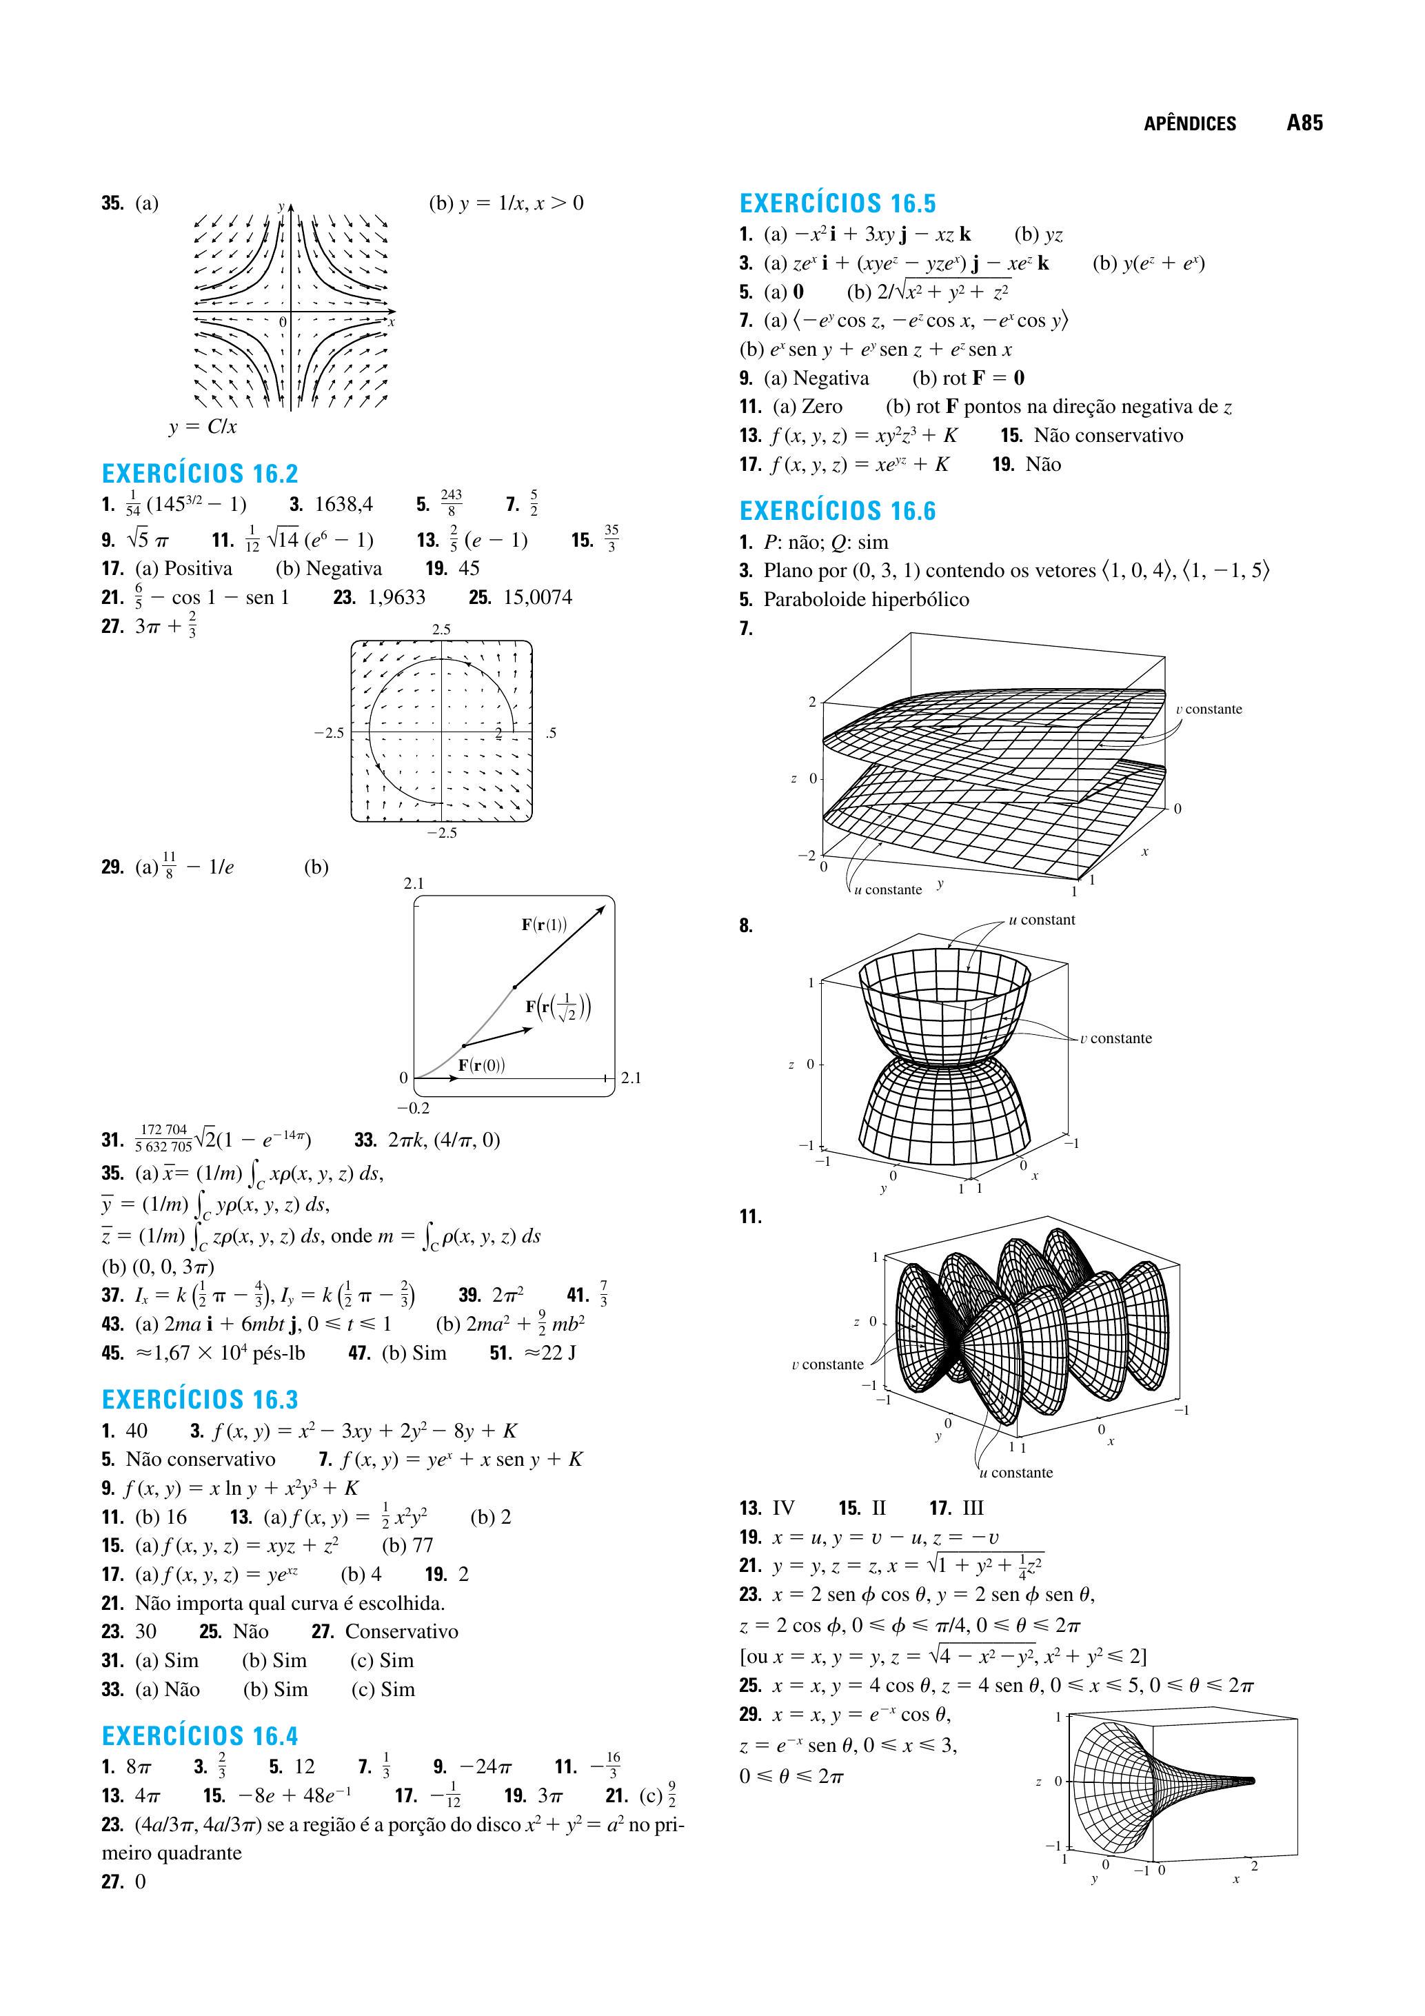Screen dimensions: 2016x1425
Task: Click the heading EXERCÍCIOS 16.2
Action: (x=200, y=474)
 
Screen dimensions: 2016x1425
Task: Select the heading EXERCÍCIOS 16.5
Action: (x=838, y=203)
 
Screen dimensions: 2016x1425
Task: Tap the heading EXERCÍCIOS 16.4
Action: (x=200, y=1736)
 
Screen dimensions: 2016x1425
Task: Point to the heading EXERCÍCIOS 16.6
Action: (x=838, y=511)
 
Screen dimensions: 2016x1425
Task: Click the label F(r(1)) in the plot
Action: (x=545, y=924)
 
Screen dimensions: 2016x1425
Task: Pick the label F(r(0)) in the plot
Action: (x=481, y=1065)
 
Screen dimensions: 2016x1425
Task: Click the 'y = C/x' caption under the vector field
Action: (x=203, y=427)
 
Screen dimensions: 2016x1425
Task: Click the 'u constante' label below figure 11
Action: (x=1016, y=1473)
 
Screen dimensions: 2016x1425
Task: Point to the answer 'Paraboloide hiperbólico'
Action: (x=866, y=600)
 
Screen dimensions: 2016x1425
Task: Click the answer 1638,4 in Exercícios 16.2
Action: (x=343, y=504)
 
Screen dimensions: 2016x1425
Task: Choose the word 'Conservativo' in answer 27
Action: (x=401, y=1631)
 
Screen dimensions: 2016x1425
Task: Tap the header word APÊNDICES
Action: (x=1190, y=124)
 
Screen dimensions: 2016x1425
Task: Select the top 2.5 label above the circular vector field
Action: (x=441, y=629)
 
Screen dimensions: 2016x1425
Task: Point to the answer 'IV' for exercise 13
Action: (x=783, y=1509)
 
